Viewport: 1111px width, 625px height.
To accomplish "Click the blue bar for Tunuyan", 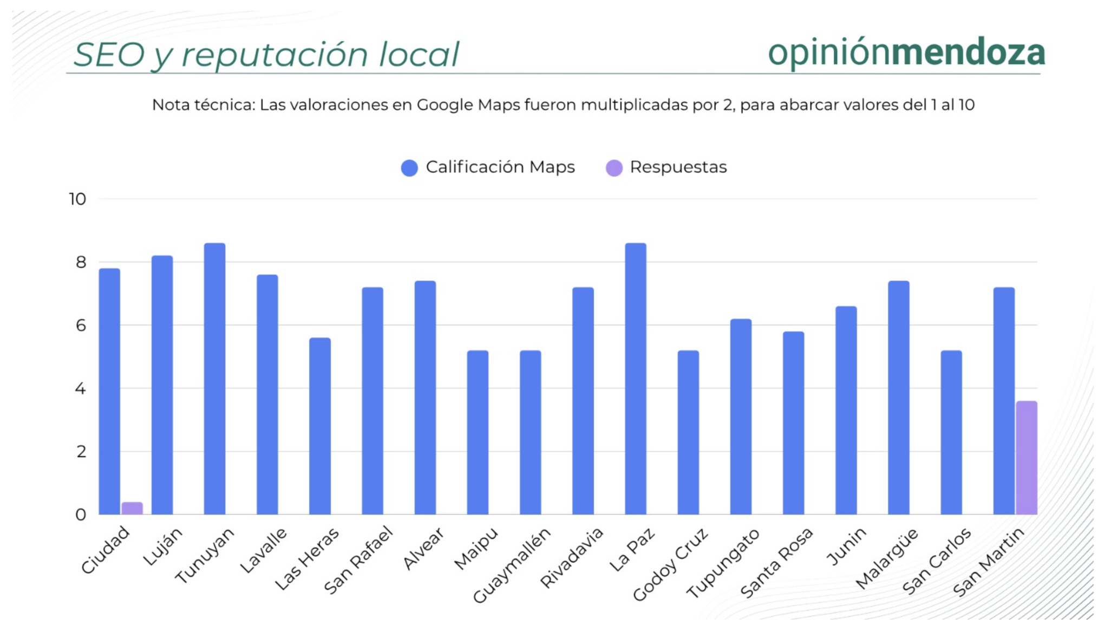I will click(214, 379).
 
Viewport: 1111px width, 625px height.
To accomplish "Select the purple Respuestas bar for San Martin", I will click(1026, 458).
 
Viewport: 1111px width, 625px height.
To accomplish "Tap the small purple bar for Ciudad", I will click(132, 508).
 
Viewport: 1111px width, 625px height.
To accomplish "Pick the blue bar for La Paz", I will click(635, 379).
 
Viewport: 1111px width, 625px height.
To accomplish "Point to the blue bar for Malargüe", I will click(899, 398).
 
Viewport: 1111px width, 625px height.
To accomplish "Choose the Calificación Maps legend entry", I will click(488, 167).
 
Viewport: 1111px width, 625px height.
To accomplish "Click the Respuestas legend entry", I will click(667, 167).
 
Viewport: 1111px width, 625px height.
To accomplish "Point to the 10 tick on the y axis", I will click(77, 199).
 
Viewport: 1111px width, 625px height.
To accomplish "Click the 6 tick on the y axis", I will click(81, 325).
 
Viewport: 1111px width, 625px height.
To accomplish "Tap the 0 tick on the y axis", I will click(81, 515).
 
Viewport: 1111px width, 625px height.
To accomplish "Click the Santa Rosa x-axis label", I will click(776, 563).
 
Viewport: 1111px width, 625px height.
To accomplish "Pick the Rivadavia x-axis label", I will click(572, 558).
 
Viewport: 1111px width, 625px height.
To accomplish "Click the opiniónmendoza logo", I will click(906, 53).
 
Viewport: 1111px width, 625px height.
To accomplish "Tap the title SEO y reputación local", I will click(266, 55).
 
